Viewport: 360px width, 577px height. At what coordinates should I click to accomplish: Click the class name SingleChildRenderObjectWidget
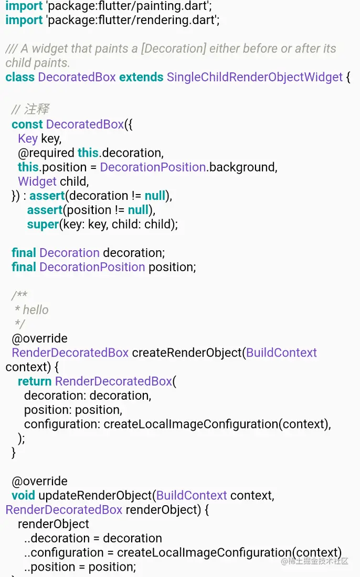[x=255, y=77]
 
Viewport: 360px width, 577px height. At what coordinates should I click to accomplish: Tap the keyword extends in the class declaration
[x=141, y=77]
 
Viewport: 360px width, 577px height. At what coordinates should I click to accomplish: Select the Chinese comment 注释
[x=37, y=110]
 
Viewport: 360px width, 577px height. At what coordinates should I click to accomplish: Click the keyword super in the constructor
[x=43, y=224]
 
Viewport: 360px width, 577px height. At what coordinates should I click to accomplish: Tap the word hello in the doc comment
[x=36, y=309]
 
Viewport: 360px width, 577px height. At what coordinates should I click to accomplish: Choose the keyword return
[x=35, y=381]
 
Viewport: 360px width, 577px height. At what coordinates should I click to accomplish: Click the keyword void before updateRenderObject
[x=23, y=495]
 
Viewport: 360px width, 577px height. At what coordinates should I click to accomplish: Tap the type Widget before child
[x=37, y=181]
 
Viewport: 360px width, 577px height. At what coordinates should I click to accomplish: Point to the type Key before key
[x=28, y=138]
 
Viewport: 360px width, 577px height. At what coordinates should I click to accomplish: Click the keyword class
[x=20, y=77]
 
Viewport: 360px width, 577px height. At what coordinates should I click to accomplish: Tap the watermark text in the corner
[x=314, y=561]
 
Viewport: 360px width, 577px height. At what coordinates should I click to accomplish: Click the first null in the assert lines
[x=155, y=196]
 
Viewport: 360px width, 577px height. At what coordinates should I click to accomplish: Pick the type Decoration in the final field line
[x=69, y=253]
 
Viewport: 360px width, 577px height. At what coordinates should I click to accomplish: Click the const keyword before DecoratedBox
[x=27, y=124]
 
